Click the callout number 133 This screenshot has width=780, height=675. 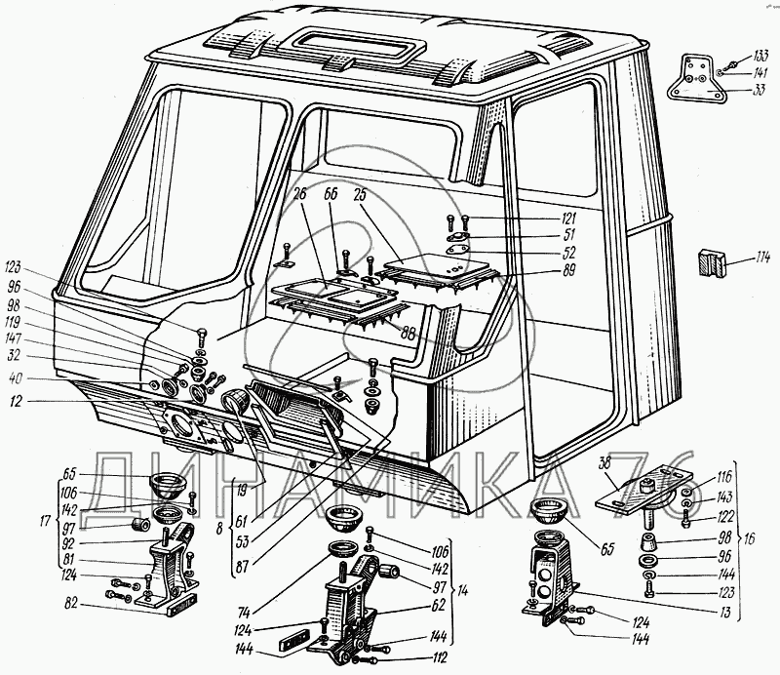pyautogui.click(x=760, y=54)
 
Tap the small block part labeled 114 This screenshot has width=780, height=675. pyautogui.click(x=711, y=263)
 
